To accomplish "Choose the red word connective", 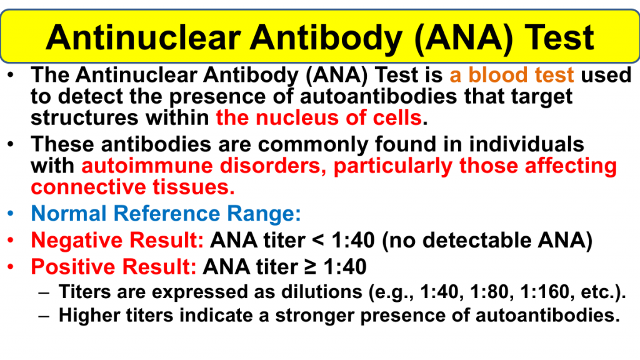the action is (x=88, y=187).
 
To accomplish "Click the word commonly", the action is (x=313, y=144).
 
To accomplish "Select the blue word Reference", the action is (x=166, y=214).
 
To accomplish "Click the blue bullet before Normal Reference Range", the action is (x=11, y=214).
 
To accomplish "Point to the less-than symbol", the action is (x=318, y=241).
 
